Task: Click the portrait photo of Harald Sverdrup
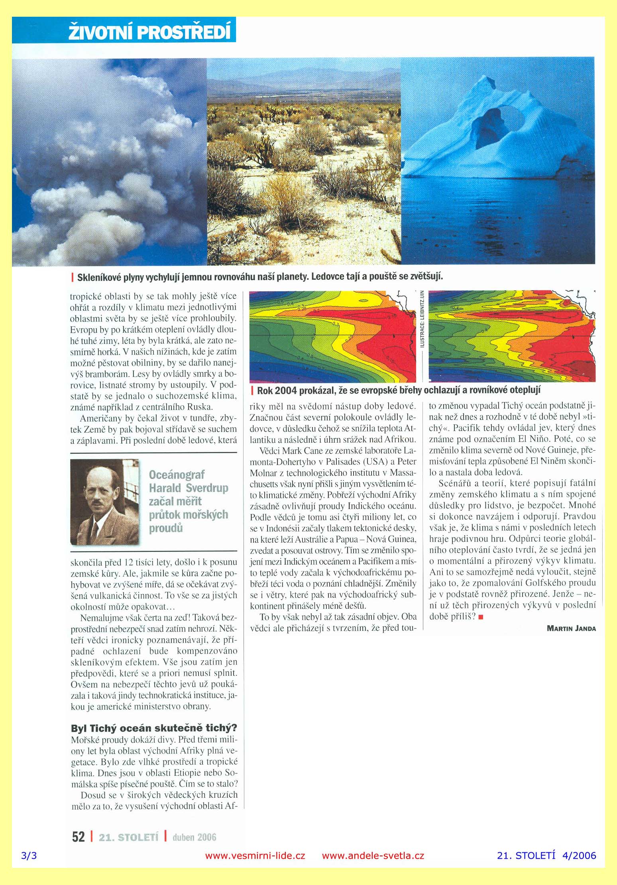coord(105,502)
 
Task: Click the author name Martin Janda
coord(571,628)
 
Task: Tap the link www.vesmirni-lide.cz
coord(255,856)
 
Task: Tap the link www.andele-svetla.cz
coord(373,856)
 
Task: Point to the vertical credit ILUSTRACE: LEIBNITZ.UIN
coord(422,319)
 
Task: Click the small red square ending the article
coord(481,617)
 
